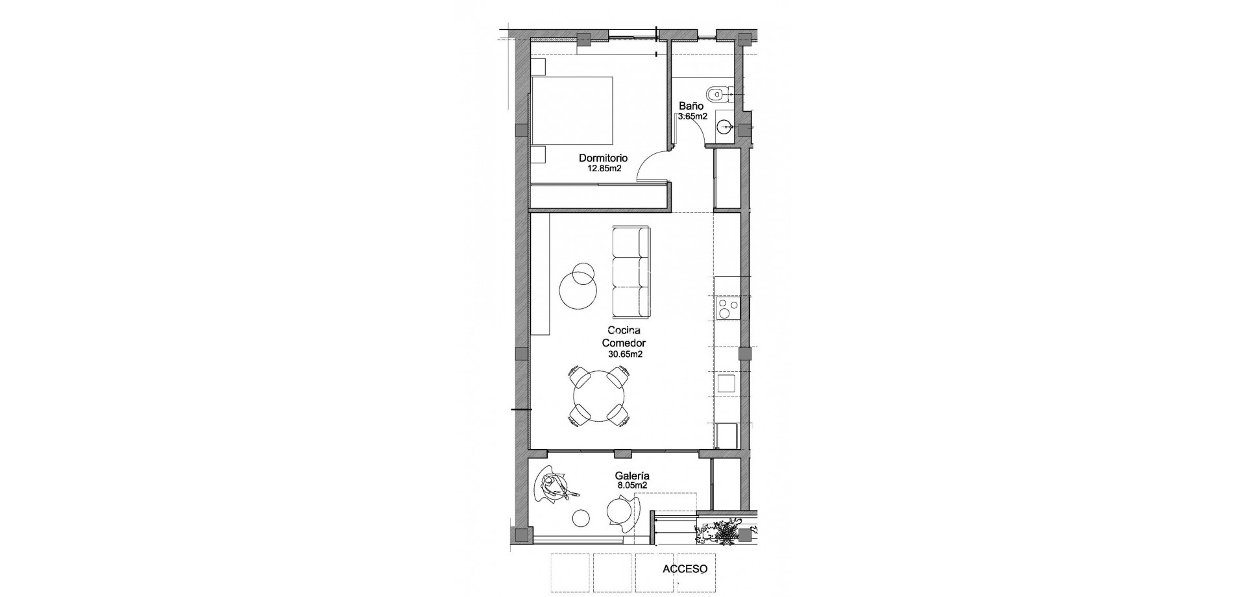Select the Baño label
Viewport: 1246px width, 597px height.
point(691,106)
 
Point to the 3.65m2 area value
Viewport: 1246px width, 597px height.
point(692,117)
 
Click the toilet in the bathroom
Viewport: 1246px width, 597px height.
point(717,95)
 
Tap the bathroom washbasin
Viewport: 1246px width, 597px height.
point(725,127)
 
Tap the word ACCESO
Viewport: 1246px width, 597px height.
point(685,569)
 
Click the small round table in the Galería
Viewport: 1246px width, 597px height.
point(127,518)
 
